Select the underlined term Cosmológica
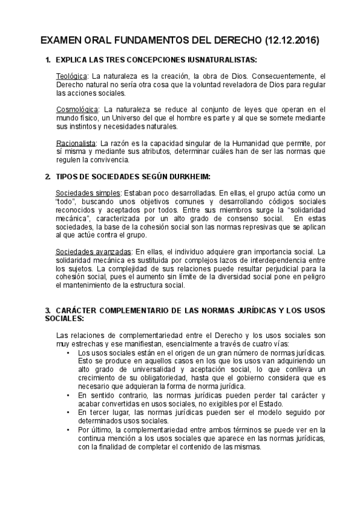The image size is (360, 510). pyautogui.click(x=76, y=110)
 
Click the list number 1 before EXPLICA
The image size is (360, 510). pyautogui.click(x=47, y=61)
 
